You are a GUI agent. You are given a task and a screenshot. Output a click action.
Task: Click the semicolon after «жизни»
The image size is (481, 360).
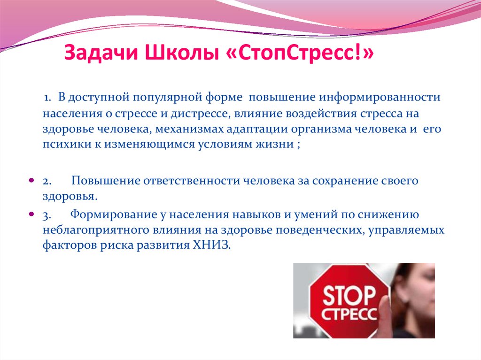[x=298, y=145]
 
